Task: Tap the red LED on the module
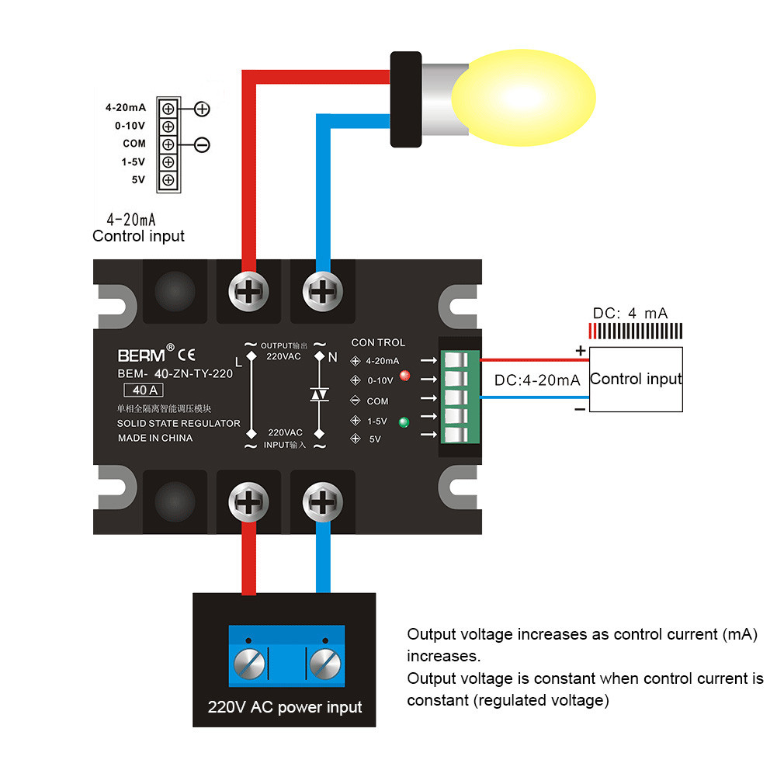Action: click(x=404, y=376)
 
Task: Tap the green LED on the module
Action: click(x=403, y=423)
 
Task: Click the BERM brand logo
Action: click(x=142, y=356)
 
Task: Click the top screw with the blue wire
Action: click(x=319, y=293)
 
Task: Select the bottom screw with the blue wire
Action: click(x=319, y=502)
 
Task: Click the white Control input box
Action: click(x=636, y=379)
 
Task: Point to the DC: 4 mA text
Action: click(x=630, y=314)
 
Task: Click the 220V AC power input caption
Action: click(x=284, y=707)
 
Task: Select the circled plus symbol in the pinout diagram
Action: click(x=202, y=109)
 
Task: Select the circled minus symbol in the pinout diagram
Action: click(x=202, y=144)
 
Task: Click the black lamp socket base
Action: click(x=405, y=99)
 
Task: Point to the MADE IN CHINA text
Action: click(x=155, y=438)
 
